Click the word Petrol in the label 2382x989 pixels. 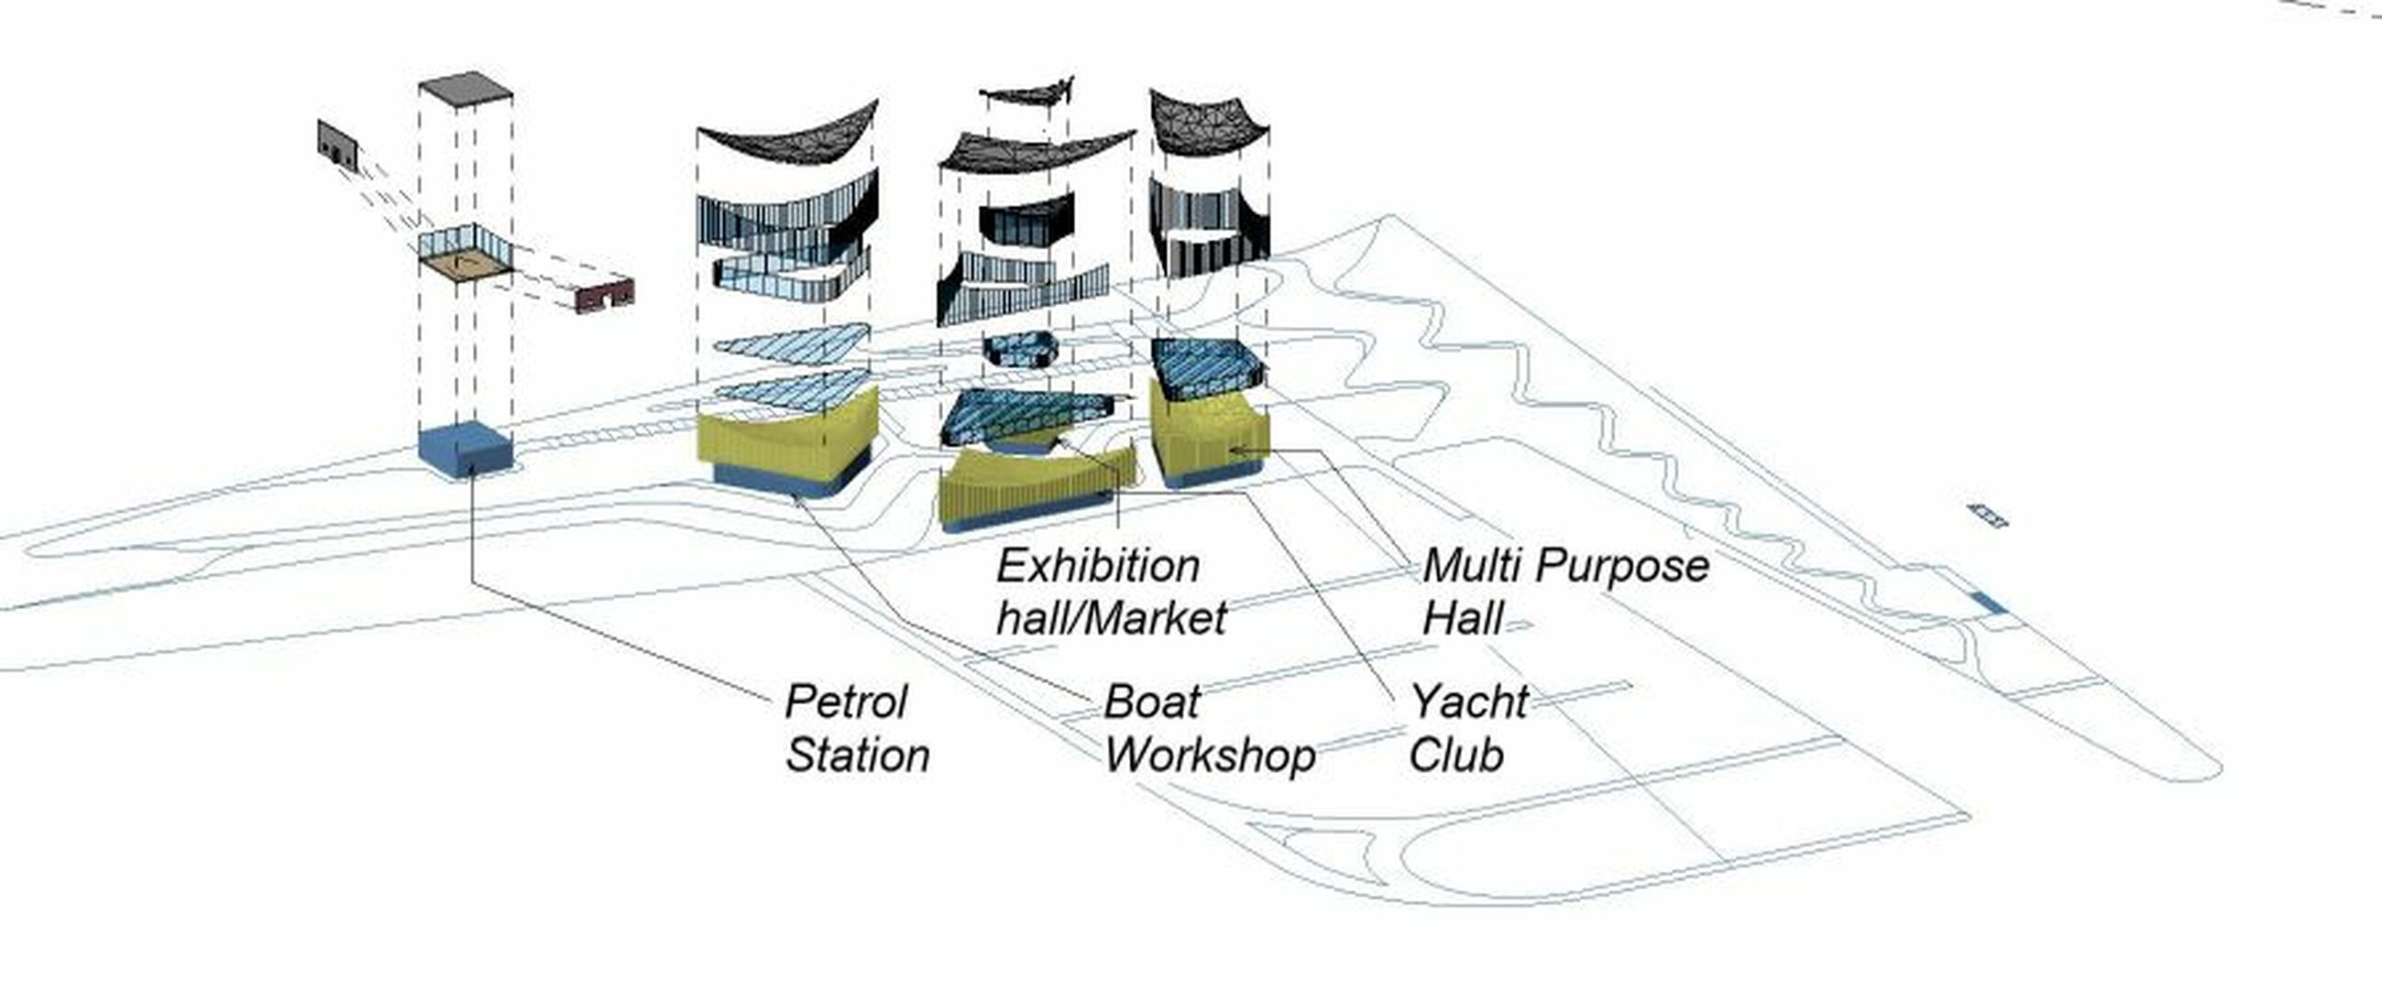click(x=846, y=702)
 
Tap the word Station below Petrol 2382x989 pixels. click(x=857, y=755)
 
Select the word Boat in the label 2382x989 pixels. click(x=1152, y=702)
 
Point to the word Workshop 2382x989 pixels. click(x=1210, y=756)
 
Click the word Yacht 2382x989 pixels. click(x=1469, y=702)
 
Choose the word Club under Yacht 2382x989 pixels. click(x=1456, y=755)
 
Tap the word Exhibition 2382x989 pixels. click(x=1099, y=566)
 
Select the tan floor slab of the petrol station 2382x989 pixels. click(x=465, y=264)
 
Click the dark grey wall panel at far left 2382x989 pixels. click(x=338, y=146)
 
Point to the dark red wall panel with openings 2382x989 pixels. click(x=606, y=294)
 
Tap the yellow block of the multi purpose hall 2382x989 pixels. click(x=1210, y=429)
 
